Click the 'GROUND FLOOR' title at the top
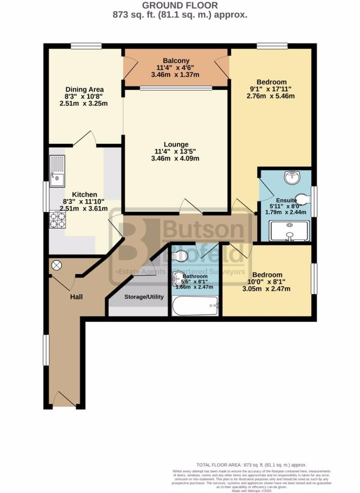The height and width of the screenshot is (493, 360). click(x=180, y=5)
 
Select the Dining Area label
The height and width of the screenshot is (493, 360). click(x=85, y=89)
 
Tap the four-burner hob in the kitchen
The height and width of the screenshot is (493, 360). click(x=58, y=220)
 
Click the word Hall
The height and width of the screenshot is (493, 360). click(x=76, y=297)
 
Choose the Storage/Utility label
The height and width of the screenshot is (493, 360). click(x=144, y=297)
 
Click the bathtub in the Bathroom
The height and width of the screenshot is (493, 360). click(x=195, y=306)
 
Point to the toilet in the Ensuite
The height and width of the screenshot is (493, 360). click(x=302, y=198)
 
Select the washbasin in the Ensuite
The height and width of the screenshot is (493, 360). click(x=292, y=178)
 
